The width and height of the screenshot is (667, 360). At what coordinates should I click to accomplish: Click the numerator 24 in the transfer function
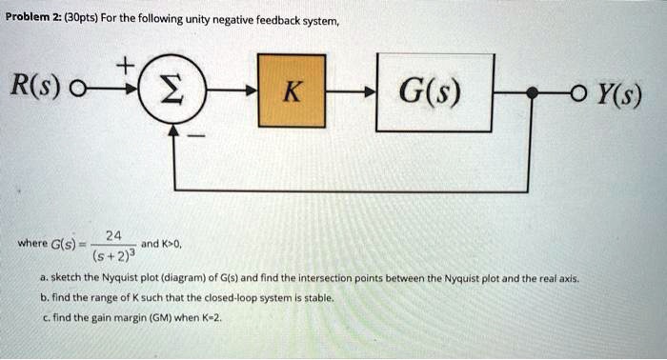coord(113,235)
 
